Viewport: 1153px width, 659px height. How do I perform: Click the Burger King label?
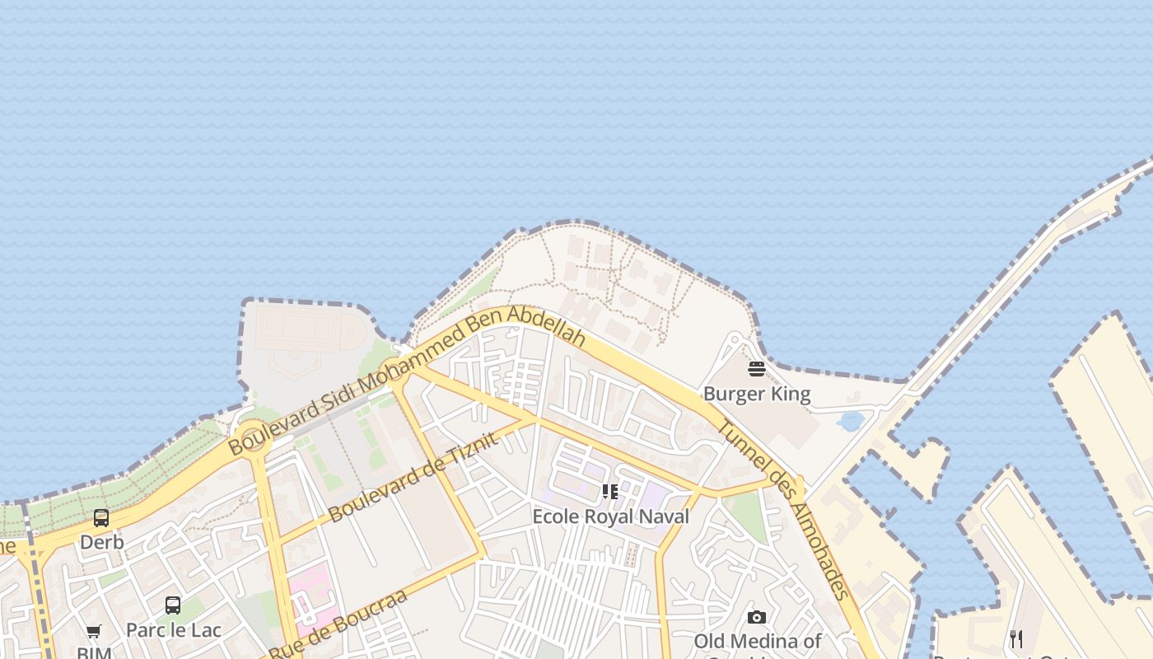tap(757, 394)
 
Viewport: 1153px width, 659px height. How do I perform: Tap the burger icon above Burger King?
tap(757, 368)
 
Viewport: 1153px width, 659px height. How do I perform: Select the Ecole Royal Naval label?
tap(610, 516)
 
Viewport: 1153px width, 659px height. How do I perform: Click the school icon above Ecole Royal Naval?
tap(610, 492)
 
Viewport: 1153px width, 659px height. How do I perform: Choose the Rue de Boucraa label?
tap(338, 624)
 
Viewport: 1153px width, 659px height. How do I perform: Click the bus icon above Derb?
tap(101, 518)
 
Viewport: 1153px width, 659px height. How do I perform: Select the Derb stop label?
tap(102, 542)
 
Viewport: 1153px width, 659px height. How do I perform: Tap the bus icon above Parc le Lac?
tap(173, 605)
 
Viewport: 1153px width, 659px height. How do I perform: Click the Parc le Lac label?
tap(174, 630)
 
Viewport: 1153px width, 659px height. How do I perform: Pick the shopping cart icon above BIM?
tap(94, 632)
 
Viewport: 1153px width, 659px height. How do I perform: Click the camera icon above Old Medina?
tap(757, 617)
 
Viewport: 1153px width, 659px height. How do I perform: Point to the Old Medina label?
tap(757, 641)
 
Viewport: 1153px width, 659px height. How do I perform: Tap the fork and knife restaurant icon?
tap(1016, 638)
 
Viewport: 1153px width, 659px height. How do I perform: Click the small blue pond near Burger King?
tap(850, 422)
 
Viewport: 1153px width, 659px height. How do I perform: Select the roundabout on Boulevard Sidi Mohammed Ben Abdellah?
tap(252, 437)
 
